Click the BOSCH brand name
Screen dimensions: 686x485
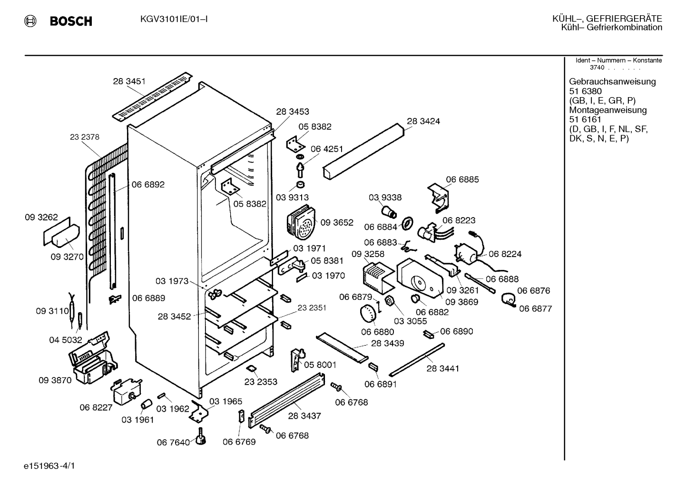pos(71,21)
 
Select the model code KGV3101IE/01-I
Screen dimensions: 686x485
pos(174,20)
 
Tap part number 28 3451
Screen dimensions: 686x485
pos(129,81)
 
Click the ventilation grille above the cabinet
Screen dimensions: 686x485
pos(152,96)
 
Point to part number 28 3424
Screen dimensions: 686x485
pos(423,121)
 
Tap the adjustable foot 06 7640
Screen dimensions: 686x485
pos(201,437)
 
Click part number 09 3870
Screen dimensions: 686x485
pos(55,380)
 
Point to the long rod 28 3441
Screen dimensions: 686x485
pos(417,360)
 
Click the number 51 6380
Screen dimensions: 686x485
pos(585,91)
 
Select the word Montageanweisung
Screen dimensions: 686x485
pos(608,110)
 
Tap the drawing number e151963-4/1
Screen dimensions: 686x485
pos(49,466)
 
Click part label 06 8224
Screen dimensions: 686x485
pos(505,254)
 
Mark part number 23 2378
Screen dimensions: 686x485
pos(85,137)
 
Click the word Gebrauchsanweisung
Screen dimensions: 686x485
pos(613,82)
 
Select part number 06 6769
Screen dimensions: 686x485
pos(239,442)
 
